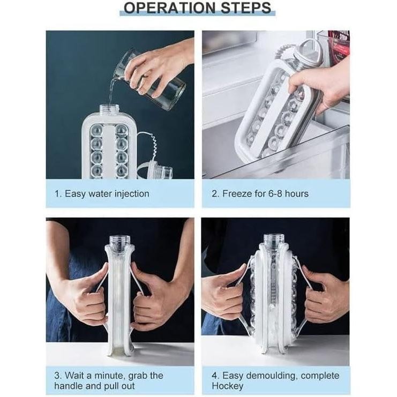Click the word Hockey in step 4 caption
[x=227, y=386]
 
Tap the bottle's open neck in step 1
[x=109, y=109]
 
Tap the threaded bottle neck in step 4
[x=274, y=242]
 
